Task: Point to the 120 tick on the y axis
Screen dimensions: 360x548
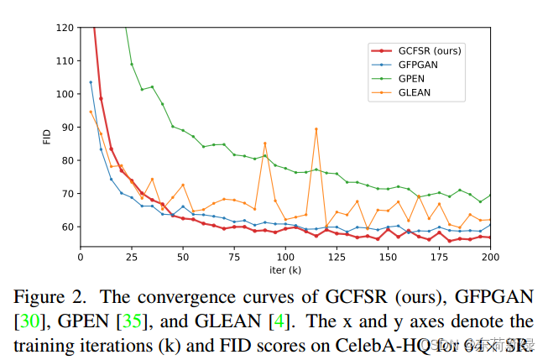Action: click(x=64, y=27)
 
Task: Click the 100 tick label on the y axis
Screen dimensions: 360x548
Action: click(x=64, y=93)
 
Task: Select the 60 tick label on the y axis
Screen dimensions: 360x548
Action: click(x=66, y=227)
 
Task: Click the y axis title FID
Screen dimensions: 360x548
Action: click(x=47, y=137)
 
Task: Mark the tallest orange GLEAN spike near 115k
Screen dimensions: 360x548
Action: click(x=316, y=128)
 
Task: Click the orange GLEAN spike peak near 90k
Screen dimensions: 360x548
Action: click(x=265, y=143)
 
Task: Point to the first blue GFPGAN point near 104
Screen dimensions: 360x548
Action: click(x=91, y=82)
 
